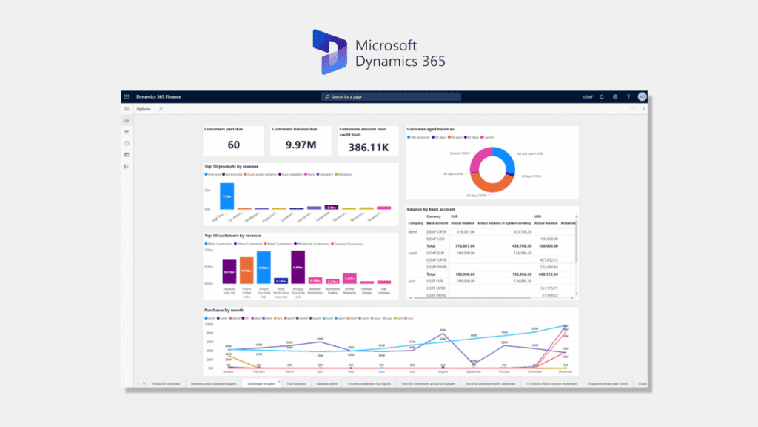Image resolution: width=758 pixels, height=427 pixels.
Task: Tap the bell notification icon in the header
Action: [x=602, y=96]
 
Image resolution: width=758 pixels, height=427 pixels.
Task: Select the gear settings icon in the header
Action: [x=615, y=96]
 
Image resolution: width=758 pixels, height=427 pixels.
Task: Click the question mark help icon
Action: [x=628, y=96]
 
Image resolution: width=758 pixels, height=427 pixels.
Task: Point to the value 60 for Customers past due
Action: [x=233, y=145]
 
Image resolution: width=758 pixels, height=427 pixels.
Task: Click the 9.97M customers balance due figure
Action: [x=301, y=145]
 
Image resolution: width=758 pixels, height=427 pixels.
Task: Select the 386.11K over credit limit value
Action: [x=369, y=147]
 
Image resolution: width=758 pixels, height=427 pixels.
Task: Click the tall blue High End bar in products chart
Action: [x=227, y=196]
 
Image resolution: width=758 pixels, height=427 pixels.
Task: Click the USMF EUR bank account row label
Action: [x=436, y=253]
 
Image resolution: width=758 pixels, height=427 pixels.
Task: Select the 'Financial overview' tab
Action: [x=166, y=384]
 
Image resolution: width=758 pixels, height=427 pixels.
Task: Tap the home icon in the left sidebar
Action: [x=127, y=120]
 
